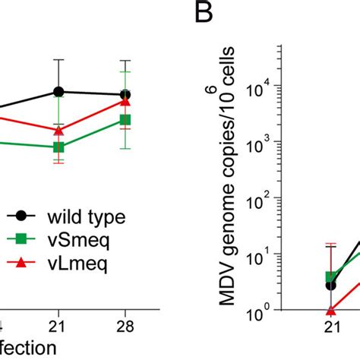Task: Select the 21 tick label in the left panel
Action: click(58, 326)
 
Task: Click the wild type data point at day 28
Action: click(126, 95)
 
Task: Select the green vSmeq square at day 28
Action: click(126, 120)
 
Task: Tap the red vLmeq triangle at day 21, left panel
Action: click(58, 130)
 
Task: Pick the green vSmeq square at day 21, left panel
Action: click(58, 147)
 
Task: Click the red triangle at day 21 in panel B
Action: click(330, 310)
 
